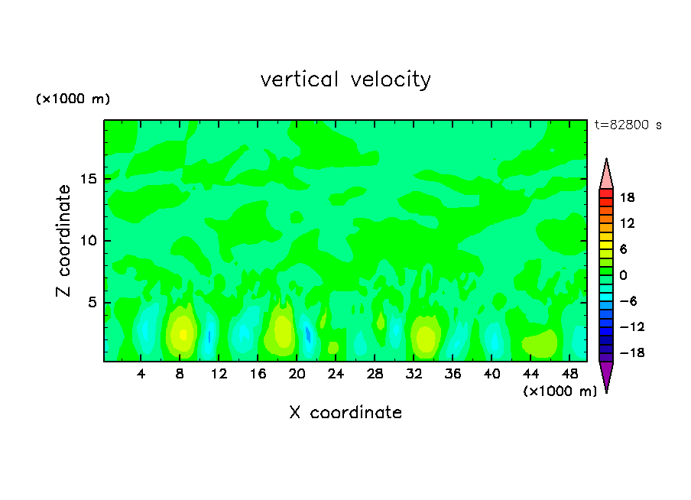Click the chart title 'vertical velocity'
click(x=345, y=80)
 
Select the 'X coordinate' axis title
click(x=345, y=413)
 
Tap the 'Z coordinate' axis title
click(x=63, y=241)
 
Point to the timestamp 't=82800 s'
click(x=628, y=125)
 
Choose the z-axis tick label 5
click(x=92, y=303)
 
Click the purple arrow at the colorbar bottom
click(x=606, y=375)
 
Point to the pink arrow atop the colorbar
click(x=606, y=174)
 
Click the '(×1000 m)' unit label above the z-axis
click(x=73, y=99)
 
